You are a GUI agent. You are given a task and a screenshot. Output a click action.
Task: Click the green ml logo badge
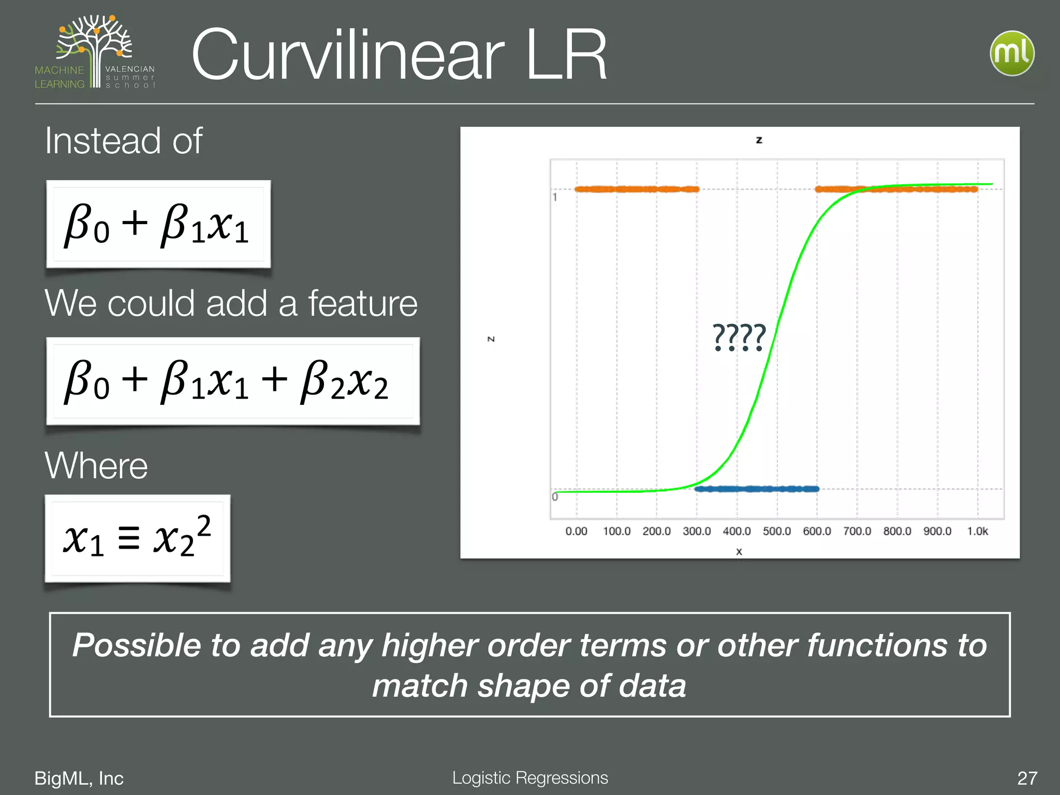1012,53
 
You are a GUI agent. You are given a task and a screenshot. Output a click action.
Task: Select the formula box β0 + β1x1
158,224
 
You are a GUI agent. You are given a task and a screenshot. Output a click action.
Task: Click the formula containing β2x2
233,381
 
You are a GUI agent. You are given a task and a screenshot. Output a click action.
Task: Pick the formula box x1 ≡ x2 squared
138,538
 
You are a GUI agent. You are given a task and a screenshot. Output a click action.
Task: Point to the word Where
96,465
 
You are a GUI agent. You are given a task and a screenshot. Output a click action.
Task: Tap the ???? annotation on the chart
739,337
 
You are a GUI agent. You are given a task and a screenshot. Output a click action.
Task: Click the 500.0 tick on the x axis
776,531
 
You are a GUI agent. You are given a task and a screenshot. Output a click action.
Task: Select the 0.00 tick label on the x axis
576,531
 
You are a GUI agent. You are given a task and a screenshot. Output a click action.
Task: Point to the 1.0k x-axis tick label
977,531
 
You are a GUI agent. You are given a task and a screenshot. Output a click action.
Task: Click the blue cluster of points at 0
757,489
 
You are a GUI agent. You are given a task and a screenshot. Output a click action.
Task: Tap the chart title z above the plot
759,140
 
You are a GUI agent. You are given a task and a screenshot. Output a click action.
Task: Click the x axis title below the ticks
739,552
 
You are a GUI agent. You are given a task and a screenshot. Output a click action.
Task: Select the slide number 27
1027,778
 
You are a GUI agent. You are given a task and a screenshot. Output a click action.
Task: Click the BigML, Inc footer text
79,778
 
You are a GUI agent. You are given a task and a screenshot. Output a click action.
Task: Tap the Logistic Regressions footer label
530,777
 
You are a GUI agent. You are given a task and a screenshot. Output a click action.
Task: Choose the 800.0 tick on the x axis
897,531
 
